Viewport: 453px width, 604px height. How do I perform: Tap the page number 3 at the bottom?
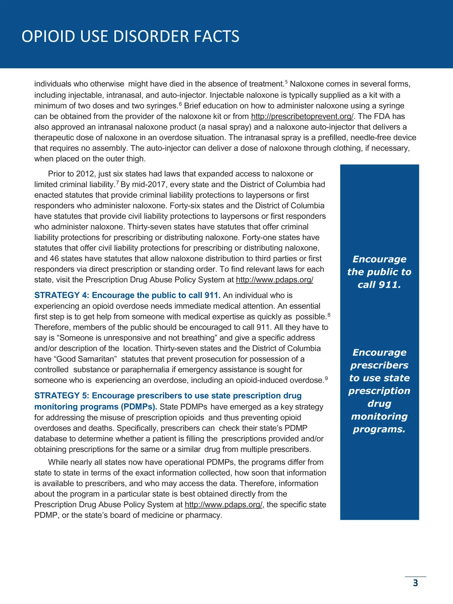tap(415, 583)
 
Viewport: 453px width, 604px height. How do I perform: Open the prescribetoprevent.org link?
tap(302, 116)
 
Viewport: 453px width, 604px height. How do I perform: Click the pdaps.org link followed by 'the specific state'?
tap(223, 505)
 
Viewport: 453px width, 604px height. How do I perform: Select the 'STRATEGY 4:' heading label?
tap(62, 295)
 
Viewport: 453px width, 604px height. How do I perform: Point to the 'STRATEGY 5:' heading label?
tap(62, 396)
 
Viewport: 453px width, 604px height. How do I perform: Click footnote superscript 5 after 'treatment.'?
tap(286, 82)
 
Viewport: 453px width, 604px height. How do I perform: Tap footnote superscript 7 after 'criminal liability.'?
tap(117, 183)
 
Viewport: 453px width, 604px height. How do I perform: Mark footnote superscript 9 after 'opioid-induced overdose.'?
tap(326, 378)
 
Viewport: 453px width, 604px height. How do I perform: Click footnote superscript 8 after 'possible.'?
tap(329, 315)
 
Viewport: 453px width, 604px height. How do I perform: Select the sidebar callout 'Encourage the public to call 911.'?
tap(379, 272)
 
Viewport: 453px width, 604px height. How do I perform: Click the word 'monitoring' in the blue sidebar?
tap(379, 416)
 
